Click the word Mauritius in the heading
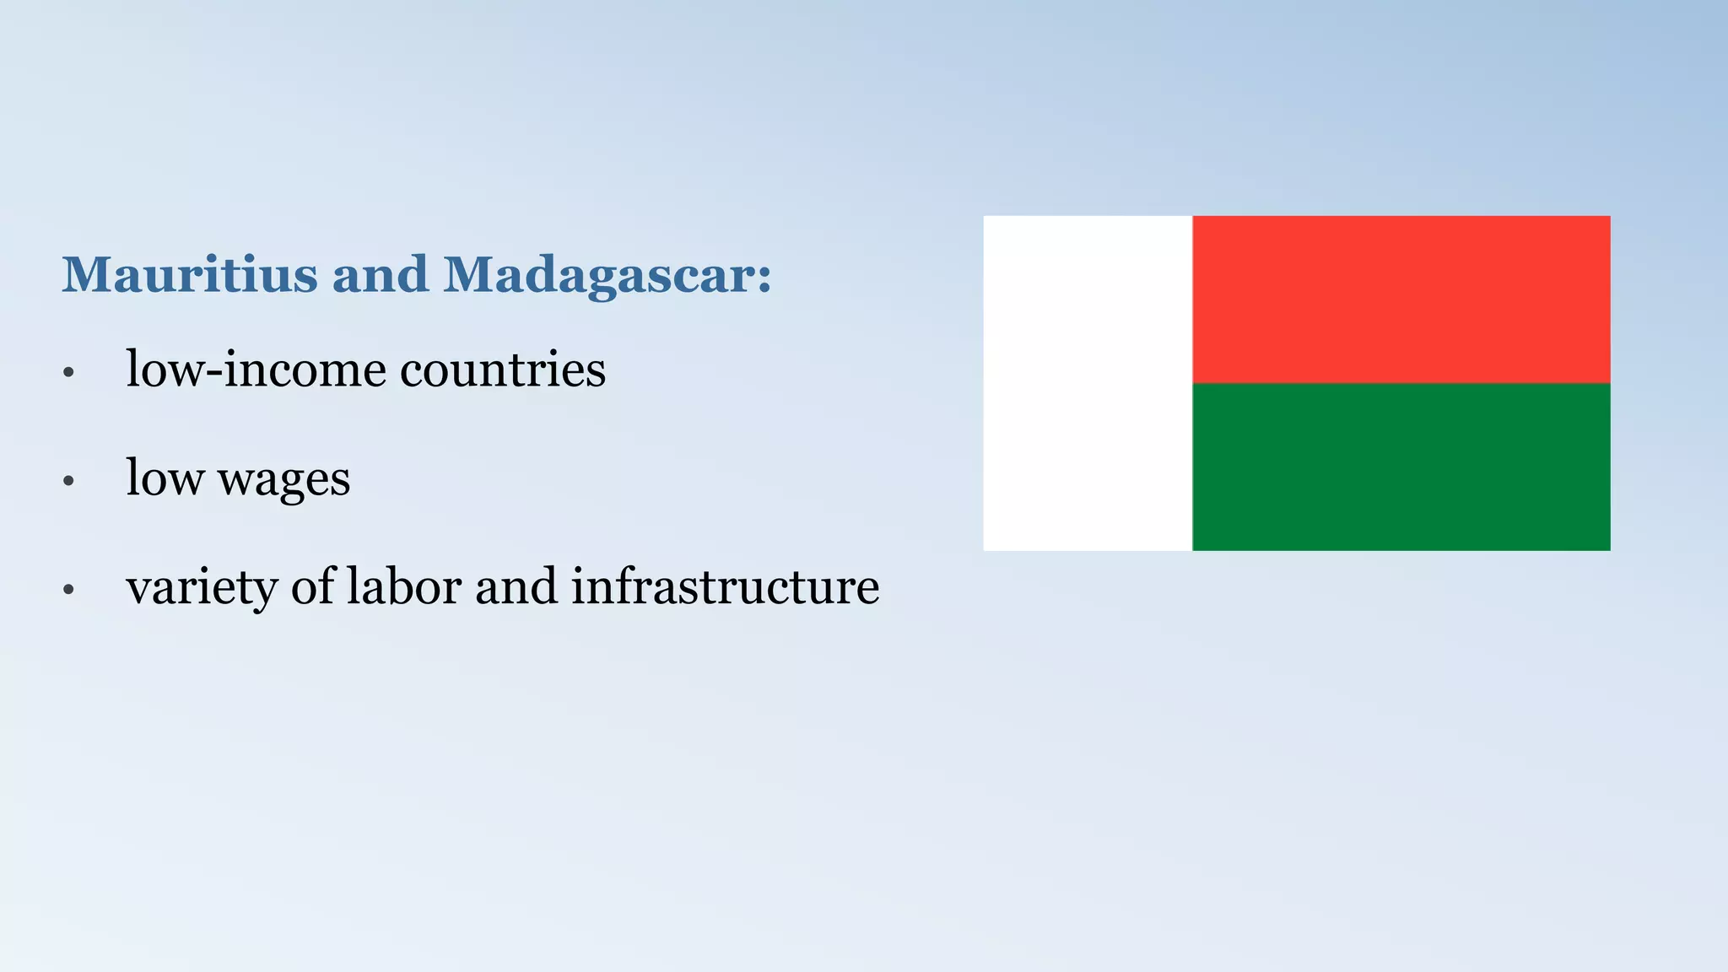(189, 275)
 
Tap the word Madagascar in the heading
(597, 275)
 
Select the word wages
(283, 479)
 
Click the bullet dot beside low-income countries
(69, 372)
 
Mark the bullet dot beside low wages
(69, 481)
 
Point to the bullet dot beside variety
(69, 590)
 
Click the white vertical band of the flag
(1088, 383)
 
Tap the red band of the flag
(1401, 300)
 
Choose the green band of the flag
(1401, 467)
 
